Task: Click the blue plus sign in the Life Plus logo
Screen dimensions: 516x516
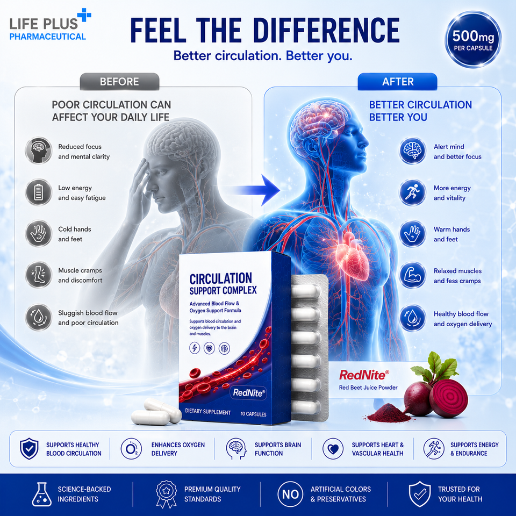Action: (84, 15)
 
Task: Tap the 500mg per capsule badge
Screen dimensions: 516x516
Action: (473, 39)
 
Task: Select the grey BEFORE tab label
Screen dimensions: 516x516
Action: (119, 82)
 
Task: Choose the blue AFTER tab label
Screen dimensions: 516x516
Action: (398, 82)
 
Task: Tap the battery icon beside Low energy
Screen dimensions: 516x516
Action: (39, 192)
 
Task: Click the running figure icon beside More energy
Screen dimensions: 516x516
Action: (412, 192)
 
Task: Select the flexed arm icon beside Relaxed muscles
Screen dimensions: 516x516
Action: (412, 275)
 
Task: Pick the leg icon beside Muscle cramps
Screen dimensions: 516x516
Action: (39, 275)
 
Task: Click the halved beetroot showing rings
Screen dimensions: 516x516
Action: (448, 398)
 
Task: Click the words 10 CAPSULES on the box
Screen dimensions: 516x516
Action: (253, 414)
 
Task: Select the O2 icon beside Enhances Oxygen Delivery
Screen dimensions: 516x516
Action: (131, 448)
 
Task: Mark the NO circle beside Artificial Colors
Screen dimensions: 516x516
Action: (290, 494)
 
